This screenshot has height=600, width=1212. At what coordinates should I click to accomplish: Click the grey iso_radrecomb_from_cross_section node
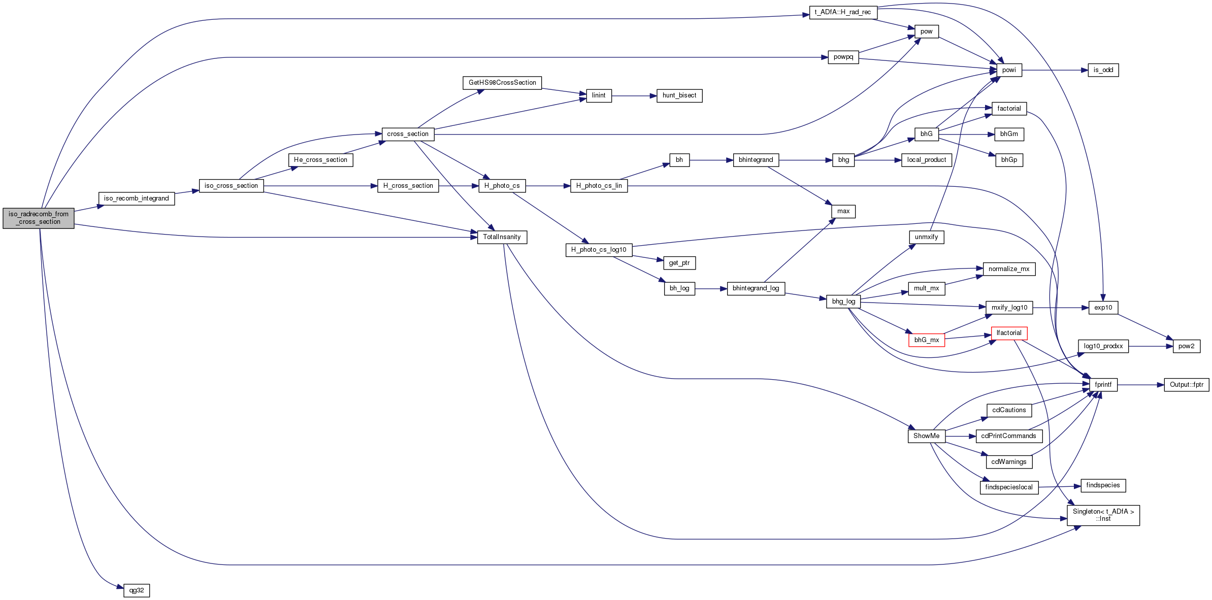pyautogui.click(x=39, y=218)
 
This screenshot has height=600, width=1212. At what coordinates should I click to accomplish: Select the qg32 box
pyautogui.click(x=137, y=590)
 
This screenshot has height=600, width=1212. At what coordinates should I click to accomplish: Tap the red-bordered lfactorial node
pyautogui.click(x=1009, y=334)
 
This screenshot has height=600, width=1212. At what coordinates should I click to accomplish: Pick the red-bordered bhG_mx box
pyautogui.click(x=927, y=340)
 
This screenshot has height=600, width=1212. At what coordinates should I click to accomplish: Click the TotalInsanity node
pyautogui.click(x=502, y=237)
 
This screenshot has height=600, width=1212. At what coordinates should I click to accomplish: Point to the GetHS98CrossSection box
pyautogui.click(x=502, y=83)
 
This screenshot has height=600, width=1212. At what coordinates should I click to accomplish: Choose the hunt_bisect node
pyautogui.click(x=679, y=95)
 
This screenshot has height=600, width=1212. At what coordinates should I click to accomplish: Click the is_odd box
pyautogui.click(x=1103, y=70)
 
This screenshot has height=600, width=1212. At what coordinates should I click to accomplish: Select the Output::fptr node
pyautogui.click(x=1187, y=385)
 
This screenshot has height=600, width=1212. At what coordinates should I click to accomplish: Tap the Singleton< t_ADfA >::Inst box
pyautogui.click(x=1103, y=515)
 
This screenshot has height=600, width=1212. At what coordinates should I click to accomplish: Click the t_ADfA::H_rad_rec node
pyautogui.click(x=843, y=12)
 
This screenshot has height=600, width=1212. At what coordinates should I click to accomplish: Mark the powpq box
pyautogui.click(x=843, y=57)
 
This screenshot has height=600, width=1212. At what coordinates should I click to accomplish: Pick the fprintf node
pyautogui.click(x=1103, y=385)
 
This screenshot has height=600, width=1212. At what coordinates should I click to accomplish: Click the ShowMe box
pyautogui.click(x=927, y=436)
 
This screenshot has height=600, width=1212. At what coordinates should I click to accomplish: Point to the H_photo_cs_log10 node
pyautogui.click(x=599, y=250)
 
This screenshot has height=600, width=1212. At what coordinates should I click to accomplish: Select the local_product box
pyautogui.click(x=927, y=160)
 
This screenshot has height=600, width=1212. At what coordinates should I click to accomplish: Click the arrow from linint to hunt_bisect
pyautogui.click(x=634, y=95)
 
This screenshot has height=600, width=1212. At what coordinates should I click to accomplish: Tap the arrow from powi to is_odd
pyautogui.click(x=1055, y=70)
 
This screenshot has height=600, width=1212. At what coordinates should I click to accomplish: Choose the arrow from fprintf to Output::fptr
pyautogui.click(x=1141, y=385)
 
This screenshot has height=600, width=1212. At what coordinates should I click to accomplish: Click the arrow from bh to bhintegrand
pyautogui.click(x=711, y=160)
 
